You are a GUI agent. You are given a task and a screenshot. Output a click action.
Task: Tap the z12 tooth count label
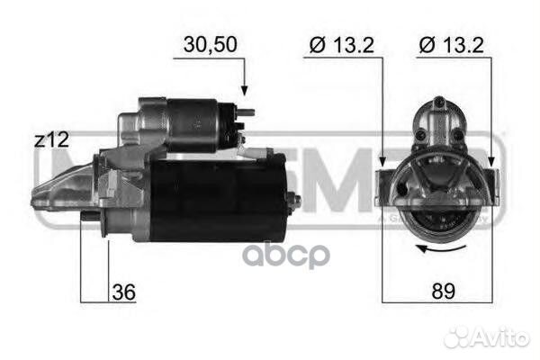pyautogui.click(x=50, y=139)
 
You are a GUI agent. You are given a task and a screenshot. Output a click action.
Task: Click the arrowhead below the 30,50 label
pyautogui.click(x=243, y=90)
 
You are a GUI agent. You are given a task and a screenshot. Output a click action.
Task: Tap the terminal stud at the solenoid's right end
pyautogui.click(x=245, y=113)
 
